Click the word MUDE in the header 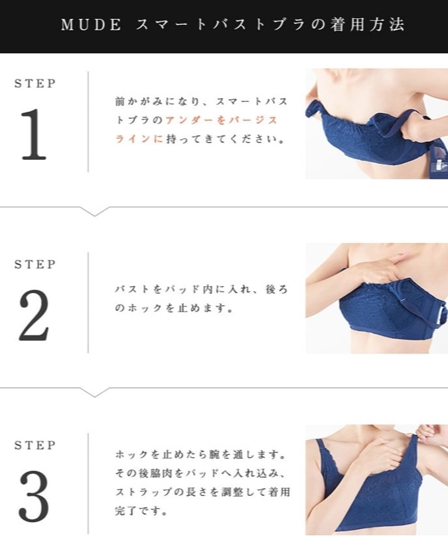point(91,25)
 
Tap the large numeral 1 point(34,134)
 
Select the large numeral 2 point(34,315)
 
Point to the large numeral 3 point(34,497)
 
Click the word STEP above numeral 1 point(35,84)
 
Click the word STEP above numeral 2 point(35,265)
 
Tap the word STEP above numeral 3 point(35,445)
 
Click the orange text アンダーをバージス point(221,120)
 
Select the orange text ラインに point(139,138)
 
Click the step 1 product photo point(376,124)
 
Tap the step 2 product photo point(376,298)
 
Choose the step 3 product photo point(376,480)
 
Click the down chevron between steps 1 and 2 point(94,212)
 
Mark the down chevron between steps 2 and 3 point(94,393)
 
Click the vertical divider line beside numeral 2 point(88,303)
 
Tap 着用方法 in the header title point(367,25)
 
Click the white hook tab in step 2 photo point(441,316)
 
